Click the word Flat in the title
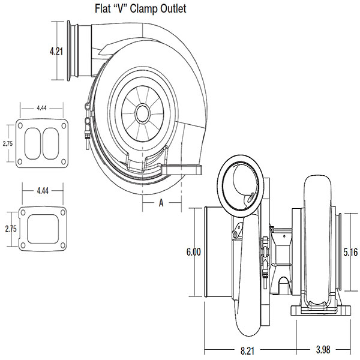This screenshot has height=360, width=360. coord(105,9)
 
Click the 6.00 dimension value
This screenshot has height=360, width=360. coord(193,252)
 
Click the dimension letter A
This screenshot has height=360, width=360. coord(161,203)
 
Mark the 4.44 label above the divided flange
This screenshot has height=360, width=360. coord(42,108)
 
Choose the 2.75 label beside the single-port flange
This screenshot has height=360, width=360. coord(10,229)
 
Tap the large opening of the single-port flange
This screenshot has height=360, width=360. coord(42,229)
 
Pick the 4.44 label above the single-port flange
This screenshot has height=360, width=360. coord(42,191)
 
